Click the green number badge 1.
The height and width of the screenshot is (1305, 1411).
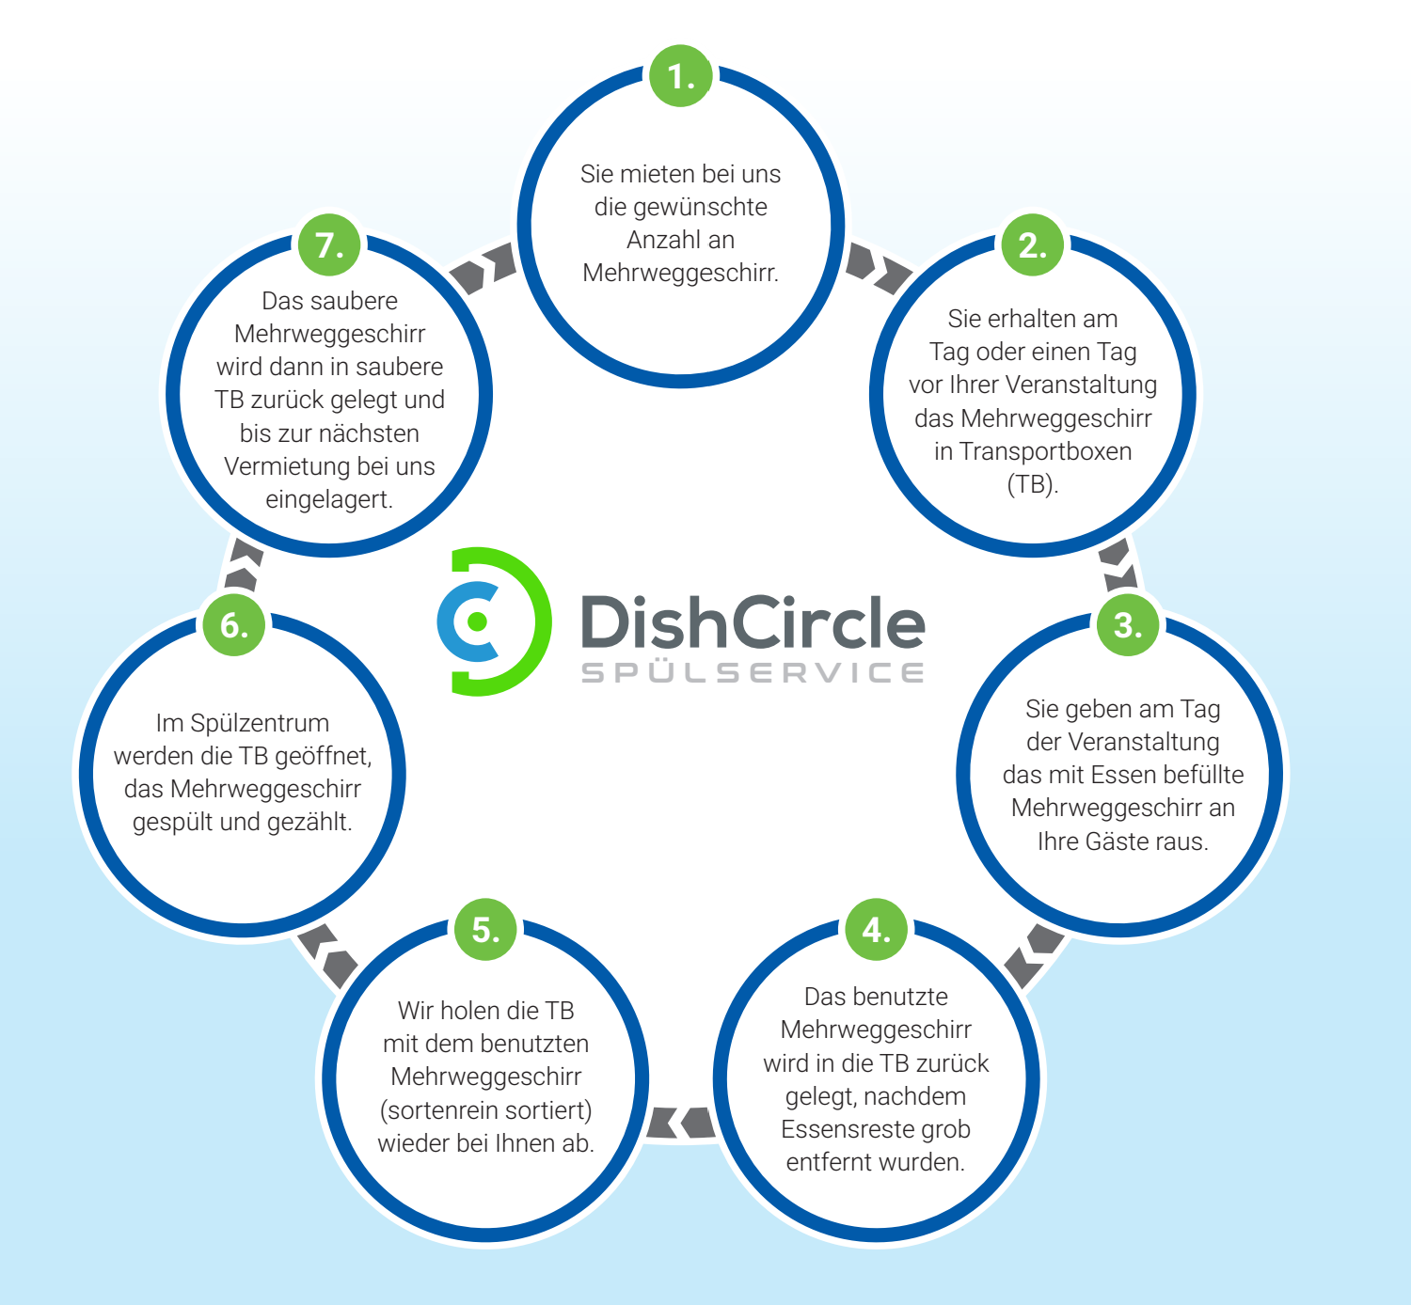coord(681,75)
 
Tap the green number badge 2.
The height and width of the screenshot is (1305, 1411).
coord(1033,244)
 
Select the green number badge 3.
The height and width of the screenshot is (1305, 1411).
coord(1127,624)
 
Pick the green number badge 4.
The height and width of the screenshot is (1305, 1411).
coord(876,929)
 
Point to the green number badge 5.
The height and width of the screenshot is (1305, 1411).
coord(485,929)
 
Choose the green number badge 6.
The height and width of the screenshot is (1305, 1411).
coord(233,624)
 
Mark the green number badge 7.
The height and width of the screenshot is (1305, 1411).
coord(329,244)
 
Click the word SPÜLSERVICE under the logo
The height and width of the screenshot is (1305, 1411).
coord(753,673)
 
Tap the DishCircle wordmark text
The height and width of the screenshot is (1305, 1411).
coord(753,622)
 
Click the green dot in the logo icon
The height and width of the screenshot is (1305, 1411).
coord(477,621)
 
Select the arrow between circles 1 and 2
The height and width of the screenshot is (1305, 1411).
coord(878,267)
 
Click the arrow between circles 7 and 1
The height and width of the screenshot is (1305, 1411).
coord(484,269)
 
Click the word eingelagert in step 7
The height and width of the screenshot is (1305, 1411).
coord(327,499)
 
